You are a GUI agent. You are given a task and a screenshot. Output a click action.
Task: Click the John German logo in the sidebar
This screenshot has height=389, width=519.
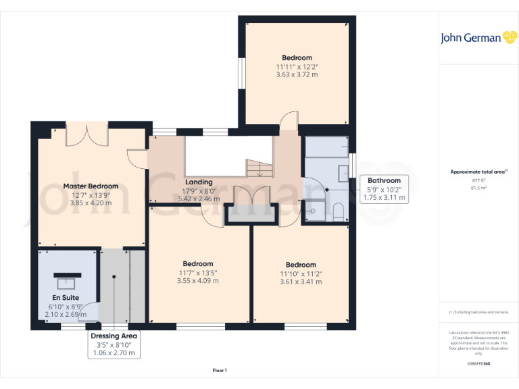[x=479, y=37]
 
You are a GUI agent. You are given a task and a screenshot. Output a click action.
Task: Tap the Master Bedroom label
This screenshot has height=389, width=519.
[x=91, y=186]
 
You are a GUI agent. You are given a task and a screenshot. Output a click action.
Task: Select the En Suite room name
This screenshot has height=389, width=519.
[x=66, y=297]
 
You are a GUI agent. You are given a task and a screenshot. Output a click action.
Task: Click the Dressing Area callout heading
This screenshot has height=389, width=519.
[x=115, y=336]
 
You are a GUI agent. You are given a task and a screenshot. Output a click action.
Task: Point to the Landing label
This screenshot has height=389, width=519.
[x=199, y=182]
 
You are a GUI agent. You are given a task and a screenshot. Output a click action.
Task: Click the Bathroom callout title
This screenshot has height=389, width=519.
[x=384, y=180]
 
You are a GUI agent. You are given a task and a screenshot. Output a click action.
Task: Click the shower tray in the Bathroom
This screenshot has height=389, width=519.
[x=314, y=211]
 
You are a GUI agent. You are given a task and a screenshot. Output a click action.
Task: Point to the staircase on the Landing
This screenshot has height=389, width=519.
[x=258, y=169]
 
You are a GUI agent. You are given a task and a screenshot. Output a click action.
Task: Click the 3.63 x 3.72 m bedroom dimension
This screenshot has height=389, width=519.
[x=297, y=74]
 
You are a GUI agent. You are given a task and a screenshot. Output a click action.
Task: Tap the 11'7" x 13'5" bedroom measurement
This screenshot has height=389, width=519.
[x=198, y=273]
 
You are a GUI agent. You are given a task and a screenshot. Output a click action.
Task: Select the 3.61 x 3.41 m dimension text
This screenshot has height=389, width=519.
[x=301, y=282]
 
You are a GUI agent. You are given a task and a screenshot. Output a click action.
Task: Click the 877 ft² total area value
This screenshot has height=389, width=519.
[x=478, y=180]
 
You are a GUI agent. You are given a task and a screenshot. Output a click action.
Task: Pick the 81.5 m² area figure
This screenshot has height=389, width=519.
[x=478, y=188]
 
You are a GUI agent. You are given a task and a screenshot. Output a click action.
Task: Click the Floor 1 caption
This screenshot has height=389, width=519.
[x=220, y=370]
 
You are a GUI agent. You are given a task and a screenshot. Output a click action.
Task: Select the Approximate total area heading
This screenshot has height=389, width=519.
[x=478, y=172]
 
